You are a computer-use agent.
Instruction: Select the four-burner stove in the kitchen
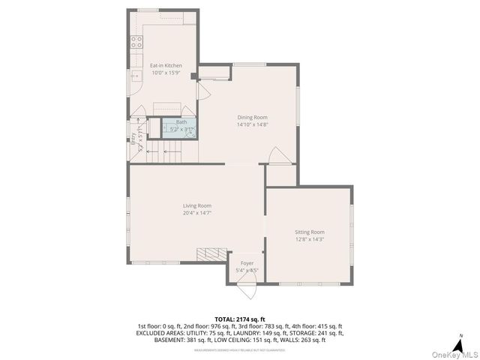(137, 43)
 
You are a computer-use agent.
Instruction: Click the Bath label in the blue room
(181, 122)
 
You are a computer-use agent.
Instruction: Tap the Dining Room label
(252, 118)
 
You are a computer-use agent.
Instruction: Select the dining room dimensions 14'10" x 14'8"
(252, 125)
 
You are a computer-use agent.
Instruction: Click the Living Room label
(197, 205)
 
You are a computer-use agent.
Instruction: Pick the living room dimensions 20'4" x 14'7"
(197, 213)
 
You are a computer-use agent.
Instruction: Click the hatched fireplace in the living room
(211, 255)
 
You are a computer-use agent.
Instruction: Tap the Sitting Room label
(309, 232)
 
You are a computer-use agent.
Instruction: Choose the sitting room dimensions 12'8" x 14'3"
(309, 240)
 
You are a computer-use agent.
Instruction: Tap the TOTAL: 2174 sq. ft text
(239, 319)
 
